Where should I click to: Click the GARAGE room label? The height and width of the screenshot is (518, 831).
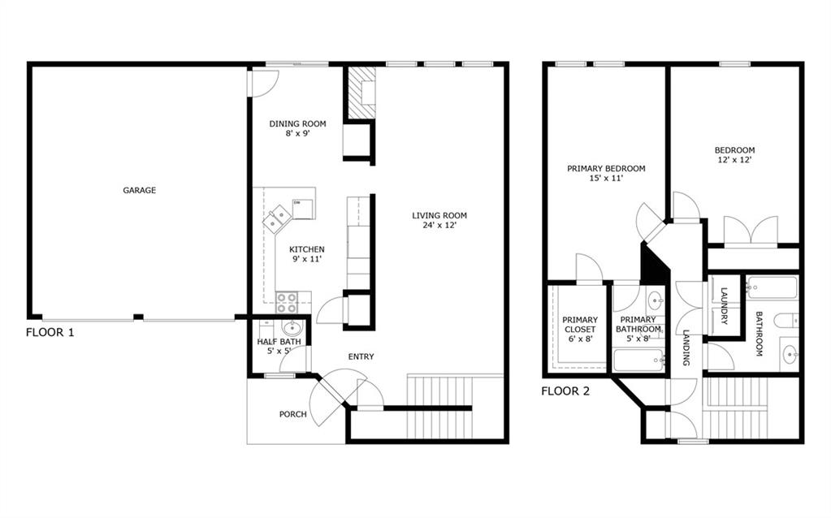[x=140, y=190]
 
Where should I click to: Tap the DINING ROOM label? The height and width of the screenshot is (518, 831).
[x=297, y=124]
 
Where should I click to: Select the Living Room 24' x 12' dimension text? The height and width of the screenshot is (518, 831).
[x=439, y=225]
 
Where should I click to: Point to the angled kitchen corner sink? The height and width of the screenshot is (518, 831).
[x=277, y=218]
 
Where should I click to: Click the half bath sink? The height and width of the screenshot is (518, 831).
[x=291, y=326]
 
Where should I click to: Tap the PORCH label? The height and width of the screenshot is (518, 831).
[x=293, y=414]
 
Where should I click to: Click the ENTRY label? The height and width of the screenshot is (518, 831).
[x=361, y=357]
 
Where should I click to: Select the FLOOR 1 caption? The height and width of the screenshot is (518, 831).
[x=50, y=333]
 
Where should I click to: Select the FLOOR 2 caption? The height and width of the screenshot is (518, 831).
[x=565, y=391]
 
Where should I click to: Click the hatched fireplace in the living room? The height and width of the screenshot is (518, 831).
[x=361, y=93]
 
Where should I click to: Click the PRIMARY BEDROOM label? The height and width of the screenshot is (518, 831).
[x=606, y=169]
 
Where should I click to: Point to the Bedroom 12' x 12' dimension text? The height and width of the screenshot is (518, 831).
[x=734, y=159]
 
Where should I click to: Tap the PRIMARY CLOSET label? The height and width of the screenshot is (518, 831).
[x=580, y=325]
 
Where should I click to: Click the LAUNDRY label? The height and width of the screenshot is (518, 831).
[x=724, y=306]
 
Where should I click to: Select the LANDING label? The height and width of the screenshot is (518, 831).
[x=686, y=348]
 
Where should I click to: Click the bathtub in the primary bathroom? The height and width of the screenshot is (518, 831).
[x=638, y=360]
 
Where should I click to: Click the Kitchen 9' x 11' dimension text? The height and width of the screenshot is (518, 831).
[x=307, y=259]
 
